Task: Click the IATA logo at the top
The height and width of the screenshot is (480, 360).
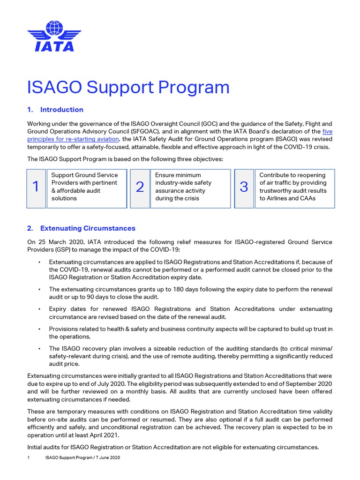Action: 54,36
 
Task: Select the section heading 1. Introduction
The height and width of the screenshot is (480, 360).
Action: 55,110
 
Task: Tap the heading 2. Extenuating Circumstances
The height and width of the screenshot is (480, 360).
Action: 81,228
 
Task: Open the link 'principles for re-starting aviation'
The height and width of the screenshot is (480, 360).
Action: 73,139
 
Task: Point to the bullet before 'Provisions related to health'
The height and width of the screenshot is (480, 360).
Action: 40,329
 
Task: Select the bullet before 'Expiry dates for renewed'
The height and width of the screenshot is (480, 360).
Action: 40,309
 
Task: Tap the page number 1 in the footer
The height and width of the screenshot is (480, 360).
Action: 29,457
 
